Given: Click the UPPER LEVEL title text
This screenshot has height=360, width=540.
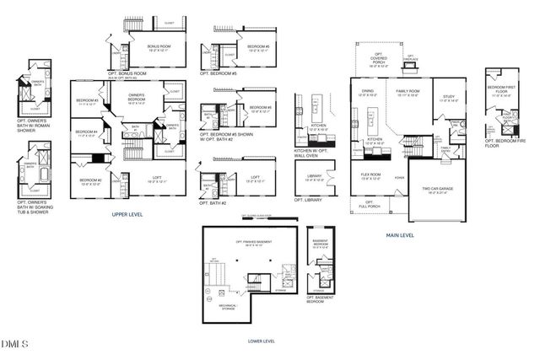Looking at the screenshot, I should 127,215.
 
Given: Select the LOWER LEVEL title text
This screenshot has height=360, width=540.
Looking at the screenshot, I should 261,341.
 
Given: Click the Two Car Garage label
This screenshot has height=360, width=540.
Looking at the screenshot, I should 437,191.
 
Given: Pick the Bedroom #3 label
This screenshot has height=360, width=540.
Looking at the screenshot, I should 87,102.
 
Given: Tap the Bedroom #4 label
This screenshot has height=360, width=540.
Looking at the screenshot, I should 87,133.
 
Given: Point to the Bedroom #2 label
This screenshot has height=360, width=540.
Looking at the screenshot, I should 90,181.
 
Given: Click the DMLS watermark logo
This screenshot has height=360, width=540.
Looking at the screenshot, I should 14,343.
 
